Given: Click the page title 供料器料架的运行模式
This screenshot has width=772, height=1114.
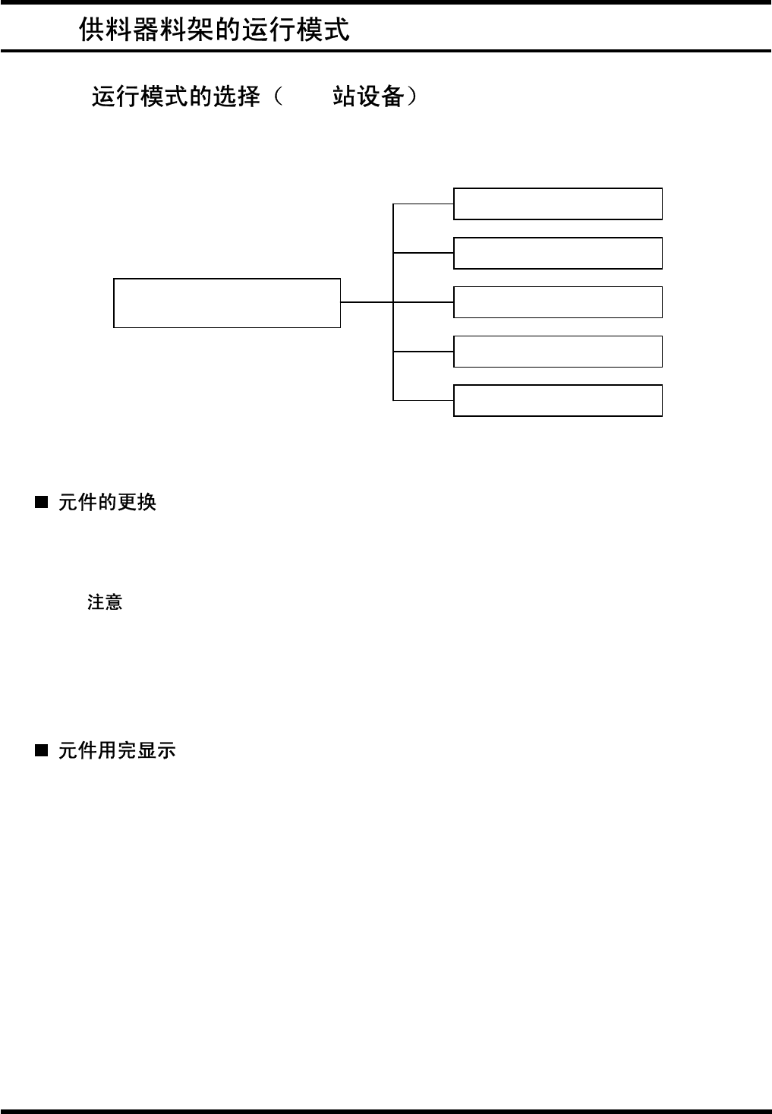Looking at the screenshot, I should tap(214, 30).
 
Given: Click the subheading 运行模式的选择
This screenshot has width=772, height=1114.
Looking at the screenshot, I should tap(176, 97).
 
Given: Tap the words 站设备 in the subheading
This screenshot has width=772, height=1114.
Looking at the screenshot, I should tap(367, 97).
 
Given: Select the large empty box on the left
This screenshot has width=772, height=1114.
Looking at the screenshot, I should tap(226, 303).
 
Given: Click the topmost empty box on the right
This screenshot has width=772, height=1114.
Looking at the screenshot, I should tap(557, 204).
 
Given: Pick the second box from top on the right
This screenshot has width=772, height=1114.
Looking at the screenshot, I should tap(557, 253).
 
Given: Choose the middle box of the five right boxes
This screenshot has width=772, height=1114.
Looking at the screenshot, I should tap(557, 302).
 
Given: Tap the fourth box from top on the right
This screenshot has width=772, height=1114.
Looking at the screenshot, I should tap(557, 352).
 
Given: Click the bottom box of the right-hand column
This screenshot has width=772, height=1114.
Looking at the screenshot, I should tap(557, 400).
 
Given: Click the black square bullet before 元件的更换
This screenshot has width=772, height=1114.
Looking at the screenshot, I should tap(42, 502).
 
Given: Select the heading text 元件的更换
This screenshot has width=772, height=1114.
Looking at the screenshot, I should tap(107, 502).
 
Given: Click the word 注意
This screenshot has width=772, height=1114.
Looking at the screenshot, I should tap(105, 602).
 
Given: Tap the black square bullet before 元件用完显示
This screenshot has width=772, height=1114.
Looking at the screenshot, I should tap(42, 750).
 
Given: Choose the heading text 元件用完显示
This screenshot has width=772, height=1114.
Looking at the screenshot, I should tap(117, 750).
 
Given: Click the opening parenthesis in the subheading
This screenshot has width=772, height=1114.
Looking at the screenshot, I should tap(279, 97).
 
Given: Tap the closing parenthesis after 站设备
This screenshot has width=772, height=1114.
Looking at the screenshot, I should tap(412, 97).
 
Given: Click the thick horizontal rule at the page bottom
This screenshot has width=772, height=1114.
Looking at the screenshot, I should tap(386, 1111).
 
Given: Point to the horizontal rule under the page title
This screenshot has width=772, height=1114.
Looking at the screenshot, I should tap(386, 51).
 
